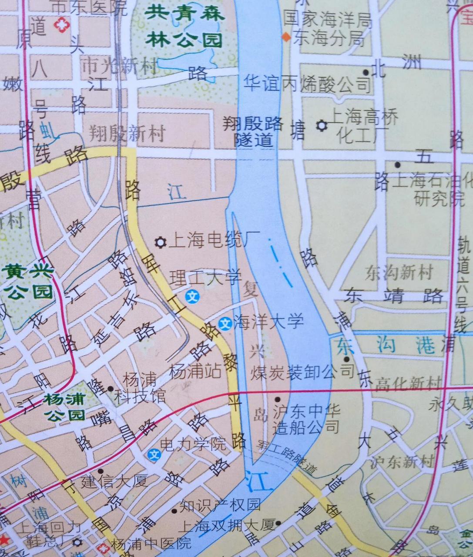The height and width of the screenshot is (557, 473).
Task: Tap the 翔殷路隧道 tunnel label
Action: [x=253, y=132]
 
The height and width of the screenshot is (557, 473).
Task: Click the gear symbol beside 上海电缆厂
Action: [x=161, y=242]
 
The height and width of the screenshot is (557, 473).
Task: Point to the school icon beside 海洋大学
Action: [x=225, y=324]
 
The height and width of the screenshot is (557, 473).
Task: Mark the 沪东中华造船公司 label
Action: [x=306, y=419]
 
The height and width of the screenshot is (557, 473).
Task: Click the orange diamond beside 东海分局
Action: [x=286, y=37]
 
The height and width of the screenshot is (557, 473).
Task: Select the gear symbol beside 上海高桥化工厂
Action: [x=322, y=125]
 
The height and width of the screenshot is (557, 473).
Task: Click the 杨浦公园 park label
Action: [x=64, y=407]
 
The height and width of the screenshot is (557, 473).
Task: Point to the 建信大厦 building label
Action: [x=114, y=481]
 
